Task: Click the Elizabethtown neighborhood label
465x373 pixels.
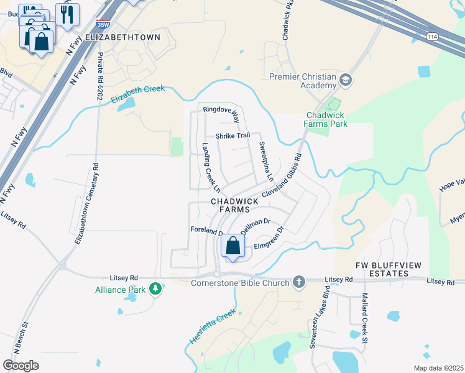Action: tap(122, 37)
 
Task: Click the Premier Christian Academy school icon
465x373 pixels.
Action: tap(346, 80)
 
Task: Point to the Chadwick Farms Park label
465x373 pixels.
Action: tap(326, 120)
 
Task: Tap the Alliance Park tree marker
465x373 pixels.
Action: tap(155, 289)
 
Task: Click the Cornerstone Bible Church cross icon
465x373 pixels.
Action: tap(299, 283)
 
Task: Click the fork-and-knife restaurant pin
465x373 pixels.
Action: tap(67, 14)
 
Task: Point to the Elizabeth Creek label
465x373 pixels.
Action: tap(137, 94)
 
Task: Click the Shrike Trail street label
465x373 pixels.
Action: tap(233, 136)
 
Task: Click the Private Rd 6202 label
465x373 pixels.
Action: tap(99, 76)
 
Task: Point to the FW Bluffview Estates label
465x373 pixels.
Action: tap(390, 269)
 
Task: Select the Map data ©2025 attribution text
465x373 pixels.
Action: tap(438, 368)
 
